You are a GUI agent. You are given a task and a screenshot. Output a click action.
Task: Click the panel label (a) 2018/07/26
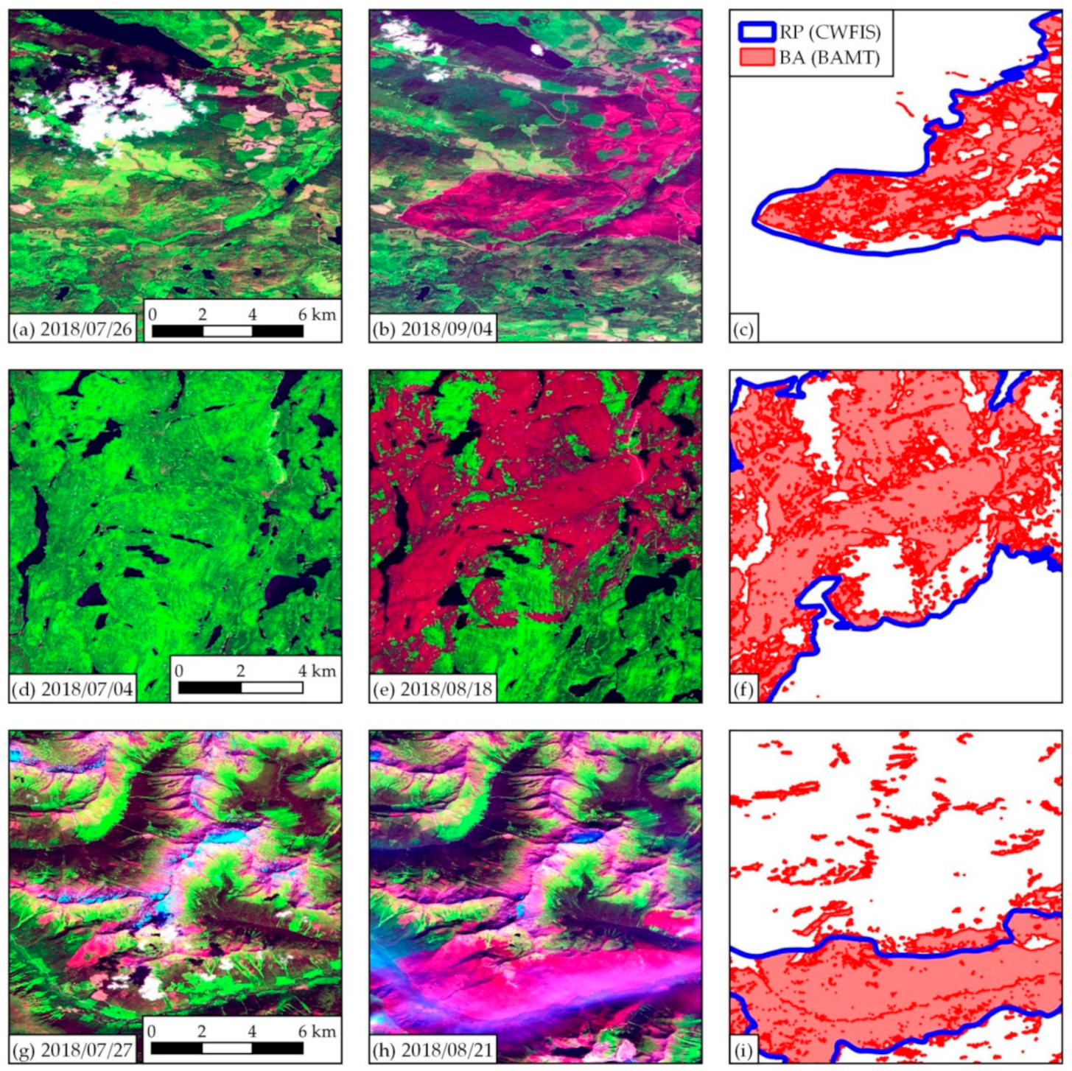coord(72,329)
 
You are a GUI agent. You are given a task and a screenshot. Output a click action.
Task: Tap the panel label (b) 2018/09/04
coord(432,329)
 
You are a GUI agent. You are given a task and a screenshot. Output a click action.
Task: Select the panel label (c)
coord(743,329)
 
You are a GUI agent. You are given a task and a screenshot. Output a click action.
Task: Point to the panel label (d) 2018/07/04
coord(72,689)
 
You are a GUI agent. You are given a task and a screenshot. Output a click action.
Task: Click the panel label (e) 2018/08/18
coord(432,689)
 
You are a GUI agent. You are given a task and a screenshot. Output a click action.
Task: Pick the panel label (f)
coord(743,689)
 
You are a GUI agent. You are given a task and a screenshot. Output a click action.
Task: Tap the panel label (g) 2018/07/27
coord(72,1049)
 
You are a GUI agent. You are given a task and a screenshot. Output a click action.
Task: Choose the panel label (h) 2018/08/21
coord(432,1049)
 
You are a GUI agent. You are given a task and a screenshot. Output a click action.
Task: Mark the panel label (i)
coord(743,1049)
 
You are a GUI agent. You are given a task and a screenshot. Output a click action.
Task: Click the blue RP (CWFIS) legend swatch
coord(757,32)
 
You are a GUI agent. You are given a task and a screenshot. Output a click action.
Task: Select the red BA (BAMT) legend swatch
coord(757,57)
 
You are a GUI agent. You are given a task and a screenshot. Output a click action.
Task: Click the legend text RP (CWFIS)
coord(830,32)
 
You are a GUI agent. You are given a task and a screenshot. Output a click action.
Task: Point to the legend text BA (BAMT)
coord(830,57)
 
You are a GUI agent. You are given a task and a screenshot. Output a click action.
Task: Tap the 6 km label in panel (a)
coord(317,314)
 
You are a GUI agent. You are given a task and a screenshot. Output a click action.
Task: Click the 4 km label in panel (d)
coord(317,670)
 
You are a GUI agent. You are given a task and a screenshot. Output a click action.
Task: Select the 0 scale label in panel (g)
coord(153,1031)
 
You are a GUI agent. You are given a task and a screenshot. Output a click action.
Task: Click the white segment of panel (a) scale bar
coord(228,331)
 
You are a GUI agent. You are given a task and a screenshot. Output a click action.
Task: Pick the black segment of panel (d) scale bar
coord(210,688)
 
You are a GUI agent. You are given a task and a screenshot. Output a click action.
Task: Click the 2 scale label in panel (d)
coord(241,670)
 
